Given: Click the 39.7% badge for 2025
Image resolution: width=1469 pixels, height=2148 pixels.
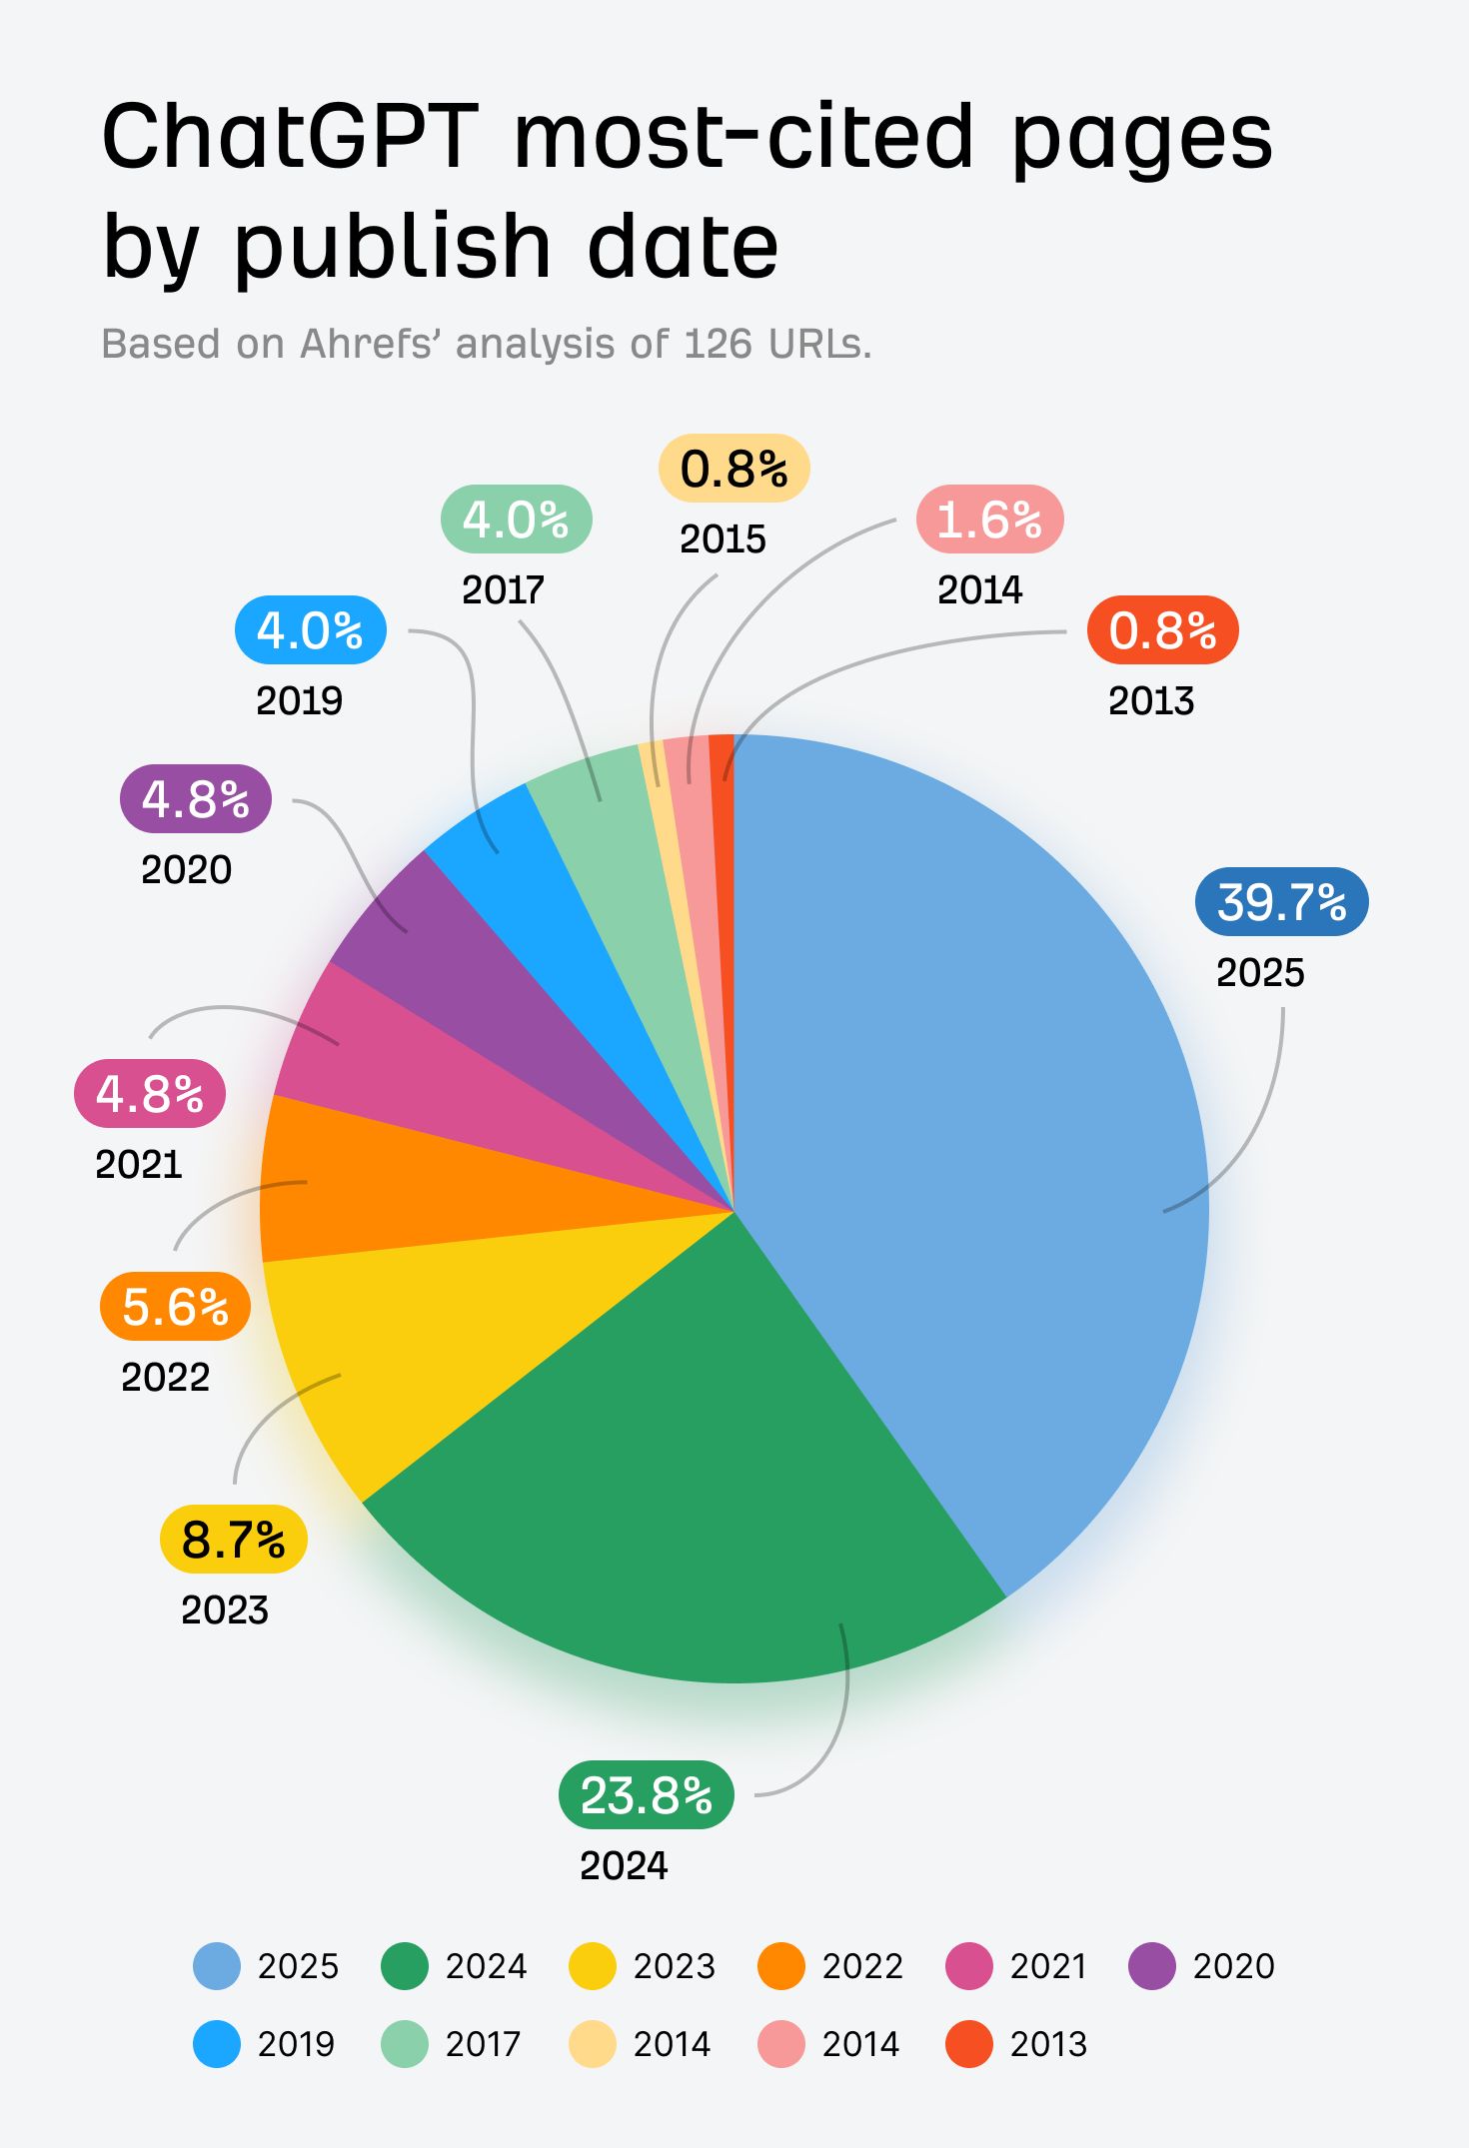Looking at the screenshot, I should pyautogui.click(x=1281, y=901).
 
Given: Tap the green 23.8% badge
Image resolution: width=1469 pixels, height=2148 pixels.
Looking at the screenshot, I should pyautogui.click(x=646, y=1795).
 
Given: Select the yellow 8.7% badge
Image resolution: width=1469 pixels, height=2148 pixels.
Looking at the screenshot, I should pyautogui.click(x=233, y=1539).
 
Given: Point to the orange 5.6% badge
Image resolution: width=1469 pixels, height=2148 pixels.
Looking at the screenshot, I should pyautogui.click(x=175, y=1307).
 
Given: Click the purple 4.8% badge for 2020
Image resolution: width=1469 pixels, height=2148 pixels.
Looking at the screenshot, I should pyautogui.click(x=196, y=799).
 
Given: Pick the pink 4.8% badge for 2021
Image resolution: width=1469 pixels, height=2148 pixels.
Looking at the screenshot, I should pyautogui.click(x=150, y=1094).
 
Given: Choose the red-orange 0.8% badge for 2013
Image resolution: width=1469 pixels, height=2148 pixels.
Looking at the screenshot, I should pyautogui.click(x=1162, y=630).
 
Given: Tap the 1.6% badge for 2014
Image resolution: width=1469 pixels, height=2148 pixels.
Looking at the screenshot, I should pyautogui.click(x=989, y=520).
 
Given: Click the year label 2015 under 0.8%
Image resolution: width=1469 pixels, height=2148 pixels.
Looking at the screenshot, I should pyautogui.click(x=723, y=539).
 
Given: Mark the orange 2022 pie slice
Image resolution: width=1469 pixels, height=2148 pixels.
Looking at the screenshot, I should pyautogui.click(x=400, y=1189).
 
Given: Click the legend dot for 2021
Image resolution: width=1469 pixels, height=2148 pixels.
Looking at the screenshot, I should pyautogui.click(x=968, y=1966).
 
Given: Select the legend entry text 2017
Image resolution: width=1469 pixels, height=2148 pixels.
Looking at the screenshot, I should pyautogui.click(x=483, y=2044).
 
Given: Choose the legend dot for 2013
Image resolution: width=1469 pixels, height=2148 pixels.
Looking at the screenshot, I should pyautogui.click(x=968, y=2044).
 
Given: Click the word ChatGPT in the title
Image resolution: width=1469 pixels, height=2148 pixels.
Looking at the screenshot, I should pyautogui.click(x=290, y=137).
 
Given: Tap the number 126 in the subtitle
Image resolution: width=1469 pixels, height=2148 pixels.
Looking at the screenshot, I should pyautogui.click(x=718, y=344).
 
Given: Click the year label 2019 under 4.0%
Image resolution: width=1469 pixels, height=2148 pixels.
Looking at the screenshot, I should pyautogui.click(x=299, y=700).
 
